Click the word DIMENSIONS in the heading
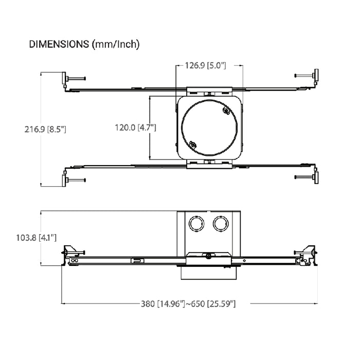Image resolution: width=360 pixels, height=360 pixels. [59, 44]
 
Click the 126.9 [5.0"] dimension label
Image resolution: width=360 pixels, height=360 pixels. [206, 65]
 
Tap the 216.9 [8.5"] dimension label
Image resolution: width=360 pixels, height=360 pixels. [45, 129]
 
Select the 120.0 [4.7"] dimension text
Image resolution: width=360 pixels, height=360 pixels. [135, 128]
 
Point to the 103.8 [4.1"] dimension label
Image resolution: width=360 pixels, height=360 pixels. [37, 238]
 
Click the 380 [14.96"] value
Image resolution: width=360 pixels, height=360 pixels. [163, 304]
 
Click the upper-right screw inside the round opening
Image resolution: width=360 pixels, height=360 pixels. [226, 111]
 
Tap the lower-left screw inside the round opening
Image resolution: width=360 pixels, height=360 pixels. [193, 145]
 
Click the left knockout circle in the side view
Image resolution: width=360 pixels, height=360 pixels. [196, 224]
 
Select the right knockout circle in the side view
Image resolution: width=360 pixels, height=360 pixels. [221, 224]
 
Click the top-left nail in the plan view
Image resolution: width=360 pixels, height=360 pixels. [76, 79]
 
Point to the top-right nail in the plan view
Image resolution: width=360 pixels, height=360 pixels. [304, 75]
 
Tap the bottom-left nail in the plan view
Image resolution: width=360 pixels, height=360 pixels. [76, 180]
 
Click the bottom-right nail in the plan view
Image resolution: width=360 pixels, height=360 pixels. [304, 177]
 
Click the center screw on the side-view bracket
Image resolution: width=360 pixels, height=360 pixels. [209, 256]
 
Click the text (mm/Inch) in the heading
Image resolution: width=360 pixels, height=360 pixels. [116, 44]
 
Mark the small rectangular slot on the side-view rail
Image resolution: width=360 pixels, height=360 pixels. [137, 261]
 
